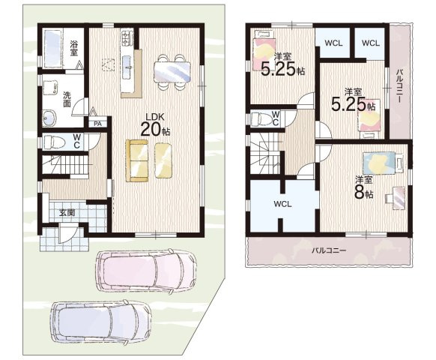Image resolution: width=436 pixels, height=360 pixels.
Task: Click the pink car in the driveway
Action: pyautogui.click(x=146, y=270)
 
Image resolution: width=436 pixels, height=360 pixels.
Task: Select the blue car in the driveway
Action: pyautogui.click(x=100, y=322)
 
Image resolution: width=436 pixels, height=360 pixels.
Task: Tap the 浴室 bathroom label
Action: pyautogui.click(x=73, y=48)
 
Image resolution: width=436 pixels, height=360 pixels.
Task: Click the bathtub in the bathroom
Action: pyautogui.click(x=54, y=49)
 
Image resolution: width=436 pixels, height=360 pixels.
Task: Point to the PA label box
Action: pyautogui.click(x=97, y=124)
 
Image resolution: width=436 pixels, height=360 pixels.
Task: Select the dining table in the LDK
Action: pyautogui.click(x=172, y=72)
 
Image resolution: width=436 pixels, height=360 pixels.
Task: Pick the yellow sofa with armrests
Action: pyautogui.click(x=137, y=160)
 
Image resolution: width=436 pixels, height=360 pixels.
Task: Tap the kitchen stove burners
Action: pyautogui.click(x=127, y=37)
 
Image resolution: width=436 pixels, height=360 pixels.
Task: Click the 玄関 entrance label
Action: pyautogui.click(x=67, y=213)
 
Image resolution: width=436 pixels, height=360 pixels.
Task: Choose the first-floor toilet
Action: pyautogui.click(x=55, y=142)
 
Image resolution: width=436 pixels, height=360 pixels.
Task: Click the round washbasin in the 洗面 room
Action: pyautogui.click(x=49, y=118)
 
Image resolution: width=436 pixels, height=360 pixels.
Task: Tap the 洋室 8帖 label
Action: pyautogui.click(x=363, y=187)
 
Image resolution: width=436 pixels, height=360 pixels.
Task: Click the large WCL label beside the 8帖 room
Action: pyautogui.click(x=282, y=204)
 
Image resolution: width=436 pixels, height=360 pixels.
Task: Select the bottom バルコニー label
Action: pyautogui.click(x=329, y=250)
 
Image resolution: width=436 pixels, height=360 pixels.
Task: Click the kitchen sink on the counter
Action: pyautogui.click(x=128, y=66)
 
